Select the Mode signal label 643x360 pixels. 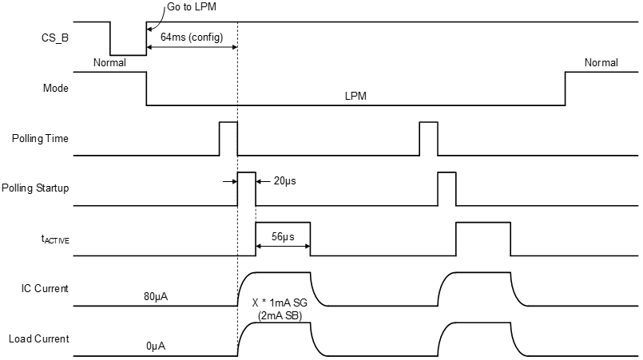(x=55, y=89)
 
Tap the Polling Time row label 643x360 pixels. (x=41, y=138)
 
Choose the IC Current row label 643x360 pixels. (x=45, y=288)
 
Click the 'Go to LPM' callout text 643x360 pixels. (x=192, y=7)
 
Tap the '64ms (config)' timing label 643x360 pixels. (x=192, y=38)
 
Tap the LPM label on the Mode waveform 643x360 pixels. (x=355, y=96)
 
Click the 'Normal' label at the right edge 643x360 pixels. (x=601, y=62)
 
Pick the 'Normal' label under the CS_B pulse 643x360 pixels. (x=110, y=62)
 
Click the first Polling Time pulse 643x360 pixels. (x=228, y=138)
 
